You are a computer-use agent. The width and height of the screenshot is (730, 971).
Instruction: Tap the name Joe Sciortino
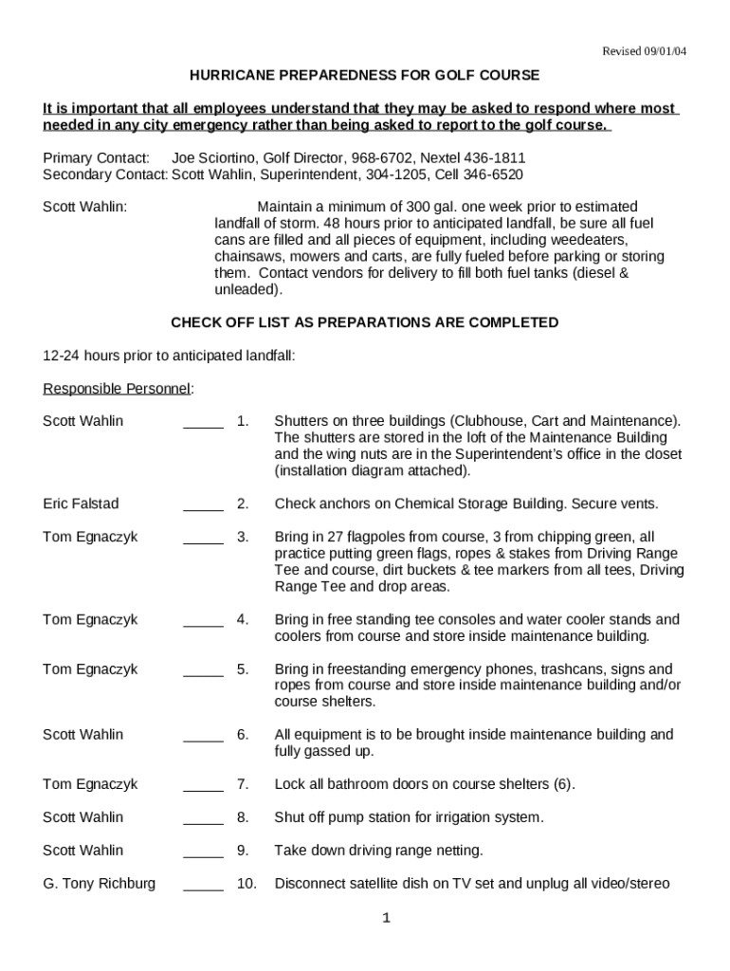tap(213, 157)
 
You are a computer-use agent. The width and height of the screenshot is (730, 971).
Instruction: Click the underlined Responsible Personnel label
tap(118, 388)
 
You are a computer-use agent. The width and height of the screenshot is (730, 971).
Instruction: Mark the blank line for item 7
tap(203, 789)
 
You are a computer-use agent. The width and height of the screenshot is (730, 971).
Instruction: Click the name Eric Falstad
tap(81, 504)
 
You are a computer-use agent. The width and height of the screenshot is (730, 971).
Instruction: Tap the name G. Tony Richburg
tap(99, 884)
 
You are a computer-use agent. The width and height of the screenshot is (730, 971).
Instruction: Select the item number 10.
tap(246, 884)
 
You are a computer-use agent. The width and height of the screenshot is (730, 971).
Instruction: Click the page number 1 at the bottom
tap(386, 918)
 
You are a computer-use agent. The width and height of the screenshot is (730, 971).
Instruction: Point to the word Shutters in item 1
tap(301, 421)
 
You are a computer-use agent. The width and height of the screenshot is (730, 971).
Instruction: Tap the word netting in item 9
tap(459, 851)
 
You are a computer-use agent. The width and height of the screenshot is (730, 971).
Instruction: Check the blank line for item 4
tap(203, 625)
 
